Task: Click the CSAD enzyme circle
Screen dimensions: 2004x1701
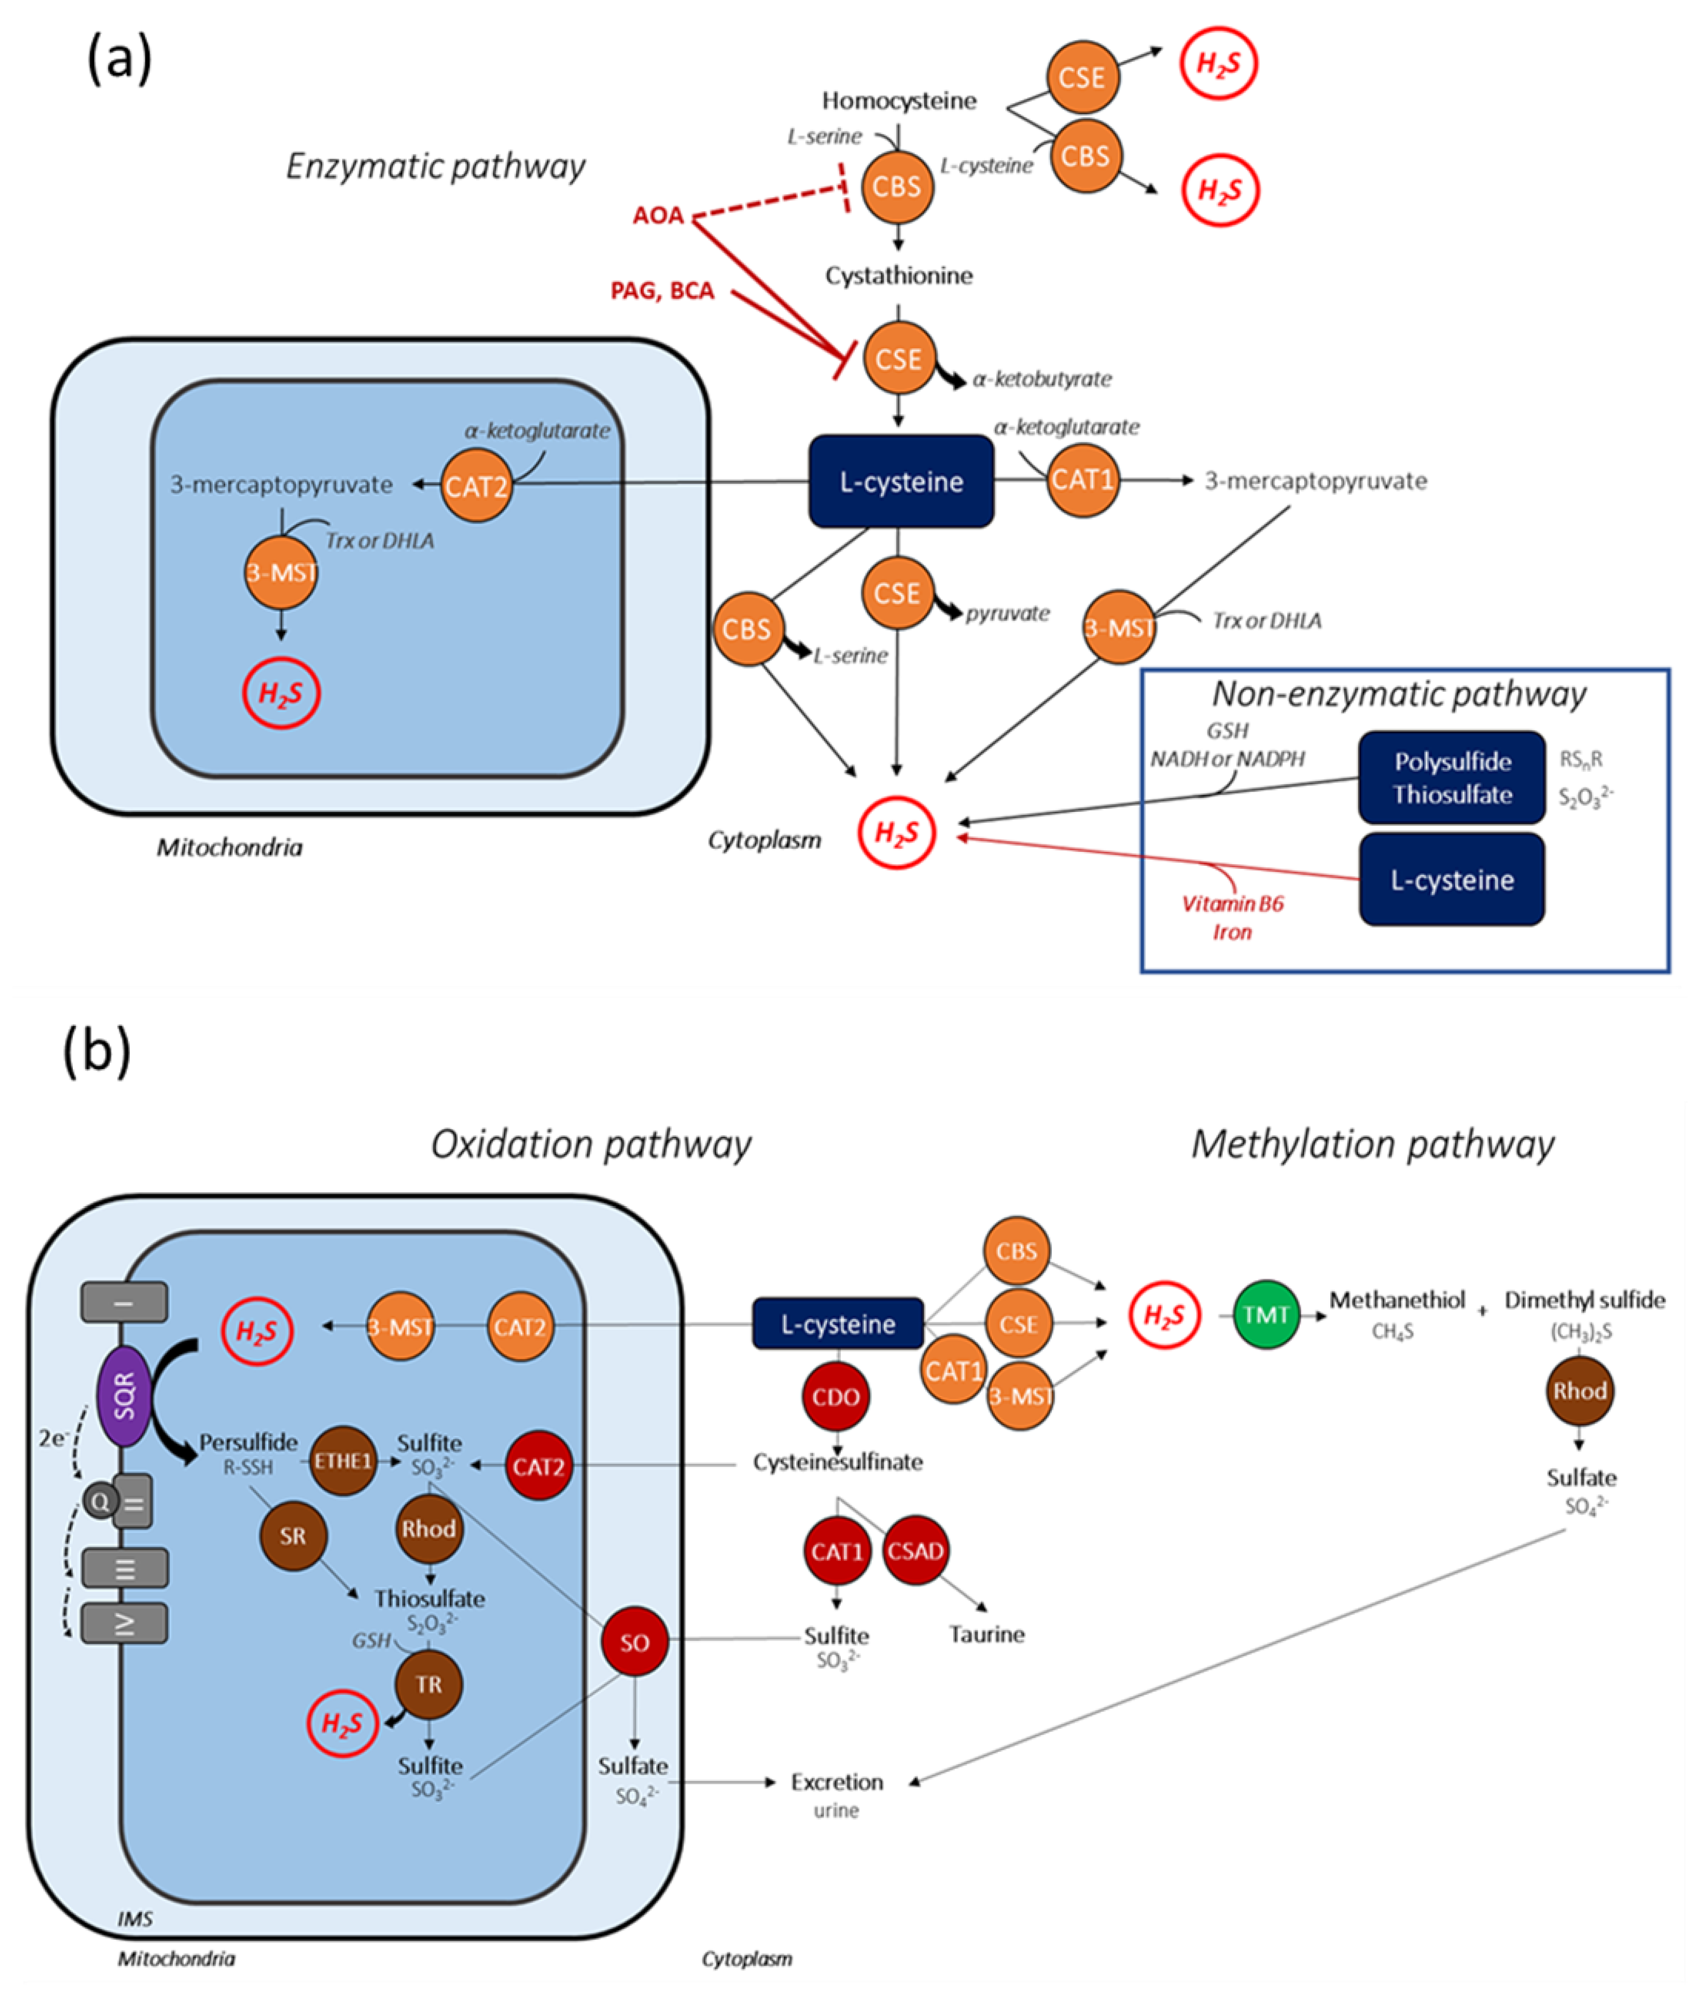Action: tap(915, 1551)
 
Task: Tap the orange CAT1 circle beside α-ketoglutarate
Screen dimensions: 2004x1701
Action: tap(1082, 480)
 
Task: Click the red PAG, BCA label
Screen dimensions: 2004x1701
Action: tap(663, 290)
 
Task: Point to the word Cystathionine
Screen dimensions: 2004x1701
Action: tap(899, 276)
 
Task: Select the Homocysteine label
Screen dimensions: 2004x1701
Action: tap(899, 100)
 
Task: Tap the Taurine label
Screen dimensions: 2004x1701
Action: tap(986, 1634)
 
